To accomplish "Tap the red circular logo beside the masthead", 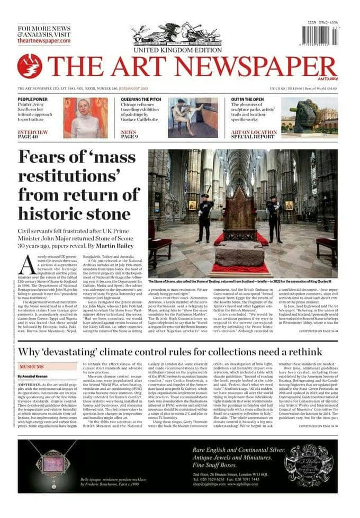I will pos(30,66).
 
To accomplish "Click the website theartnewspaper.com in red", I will pos(43,41).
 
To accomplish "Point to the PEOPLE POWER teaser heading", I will pos(33,99).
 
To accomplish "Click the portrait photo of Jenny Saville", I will pos(85,118).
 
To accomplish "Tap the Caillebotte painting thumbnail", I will pos(193,118).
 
